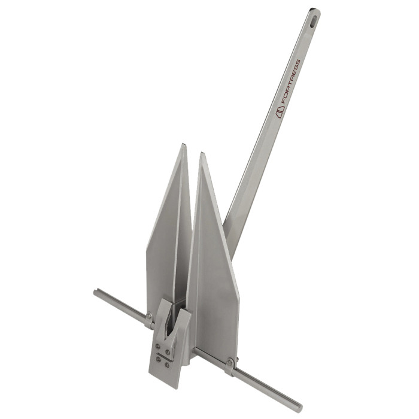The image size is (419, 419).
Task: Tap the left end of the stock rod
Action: point(96,293)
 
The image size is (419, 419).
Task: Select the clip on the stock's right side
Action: point(230,365)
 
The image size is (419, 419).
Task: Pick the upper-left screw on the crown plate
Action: point(157,345)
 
